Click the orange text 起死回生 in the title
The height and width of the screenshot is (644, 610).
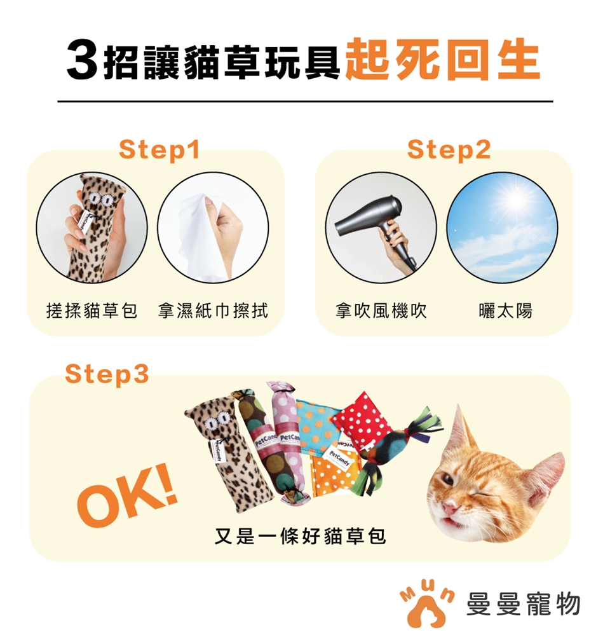point(442,60)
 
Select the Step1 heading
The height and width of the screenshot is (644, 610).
point(159,149)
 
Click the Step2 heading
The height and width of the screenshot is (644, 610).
point(449,149)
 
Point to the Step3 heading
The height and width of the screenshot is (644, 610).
point(107,374)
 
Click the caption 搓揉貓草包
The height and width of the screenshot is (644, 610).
point(91,311)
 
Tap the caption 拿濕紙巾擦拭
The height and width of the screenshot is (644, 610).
point(213,311)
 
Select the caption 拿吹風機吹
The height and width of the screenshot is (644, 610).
point(381,311)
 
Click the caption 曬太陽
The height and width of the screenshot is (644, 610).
point(505,311)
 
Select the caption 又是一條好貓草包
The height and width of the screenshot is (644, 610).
point(300,536)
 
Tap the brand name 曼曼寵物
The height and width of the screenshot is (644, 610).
point(523,605)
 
